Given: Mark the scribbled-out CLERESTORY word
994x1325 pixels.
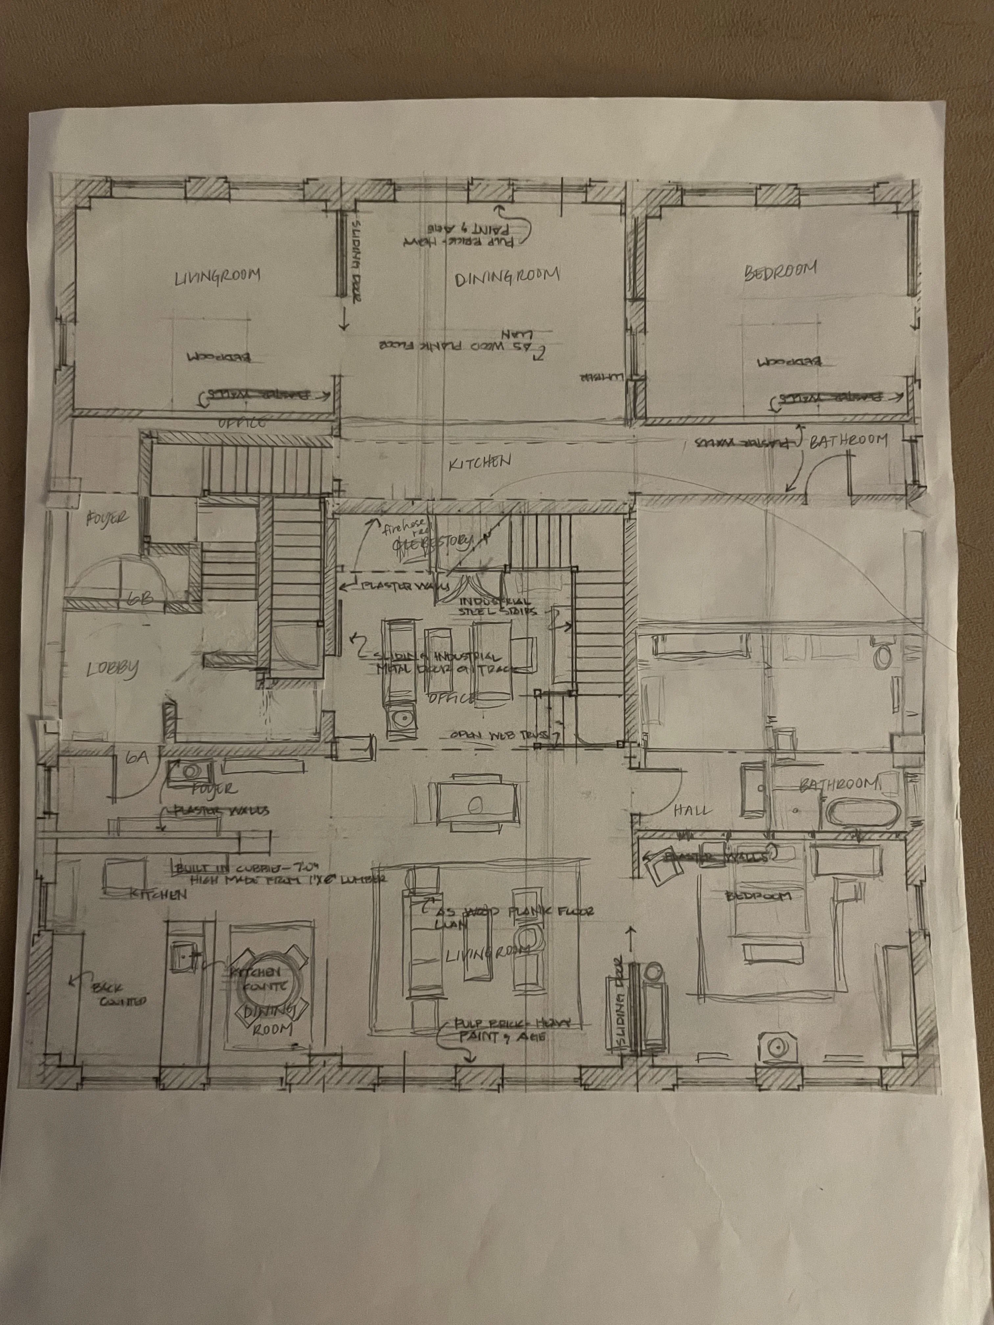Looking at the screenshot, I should [x=431, y=544].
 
